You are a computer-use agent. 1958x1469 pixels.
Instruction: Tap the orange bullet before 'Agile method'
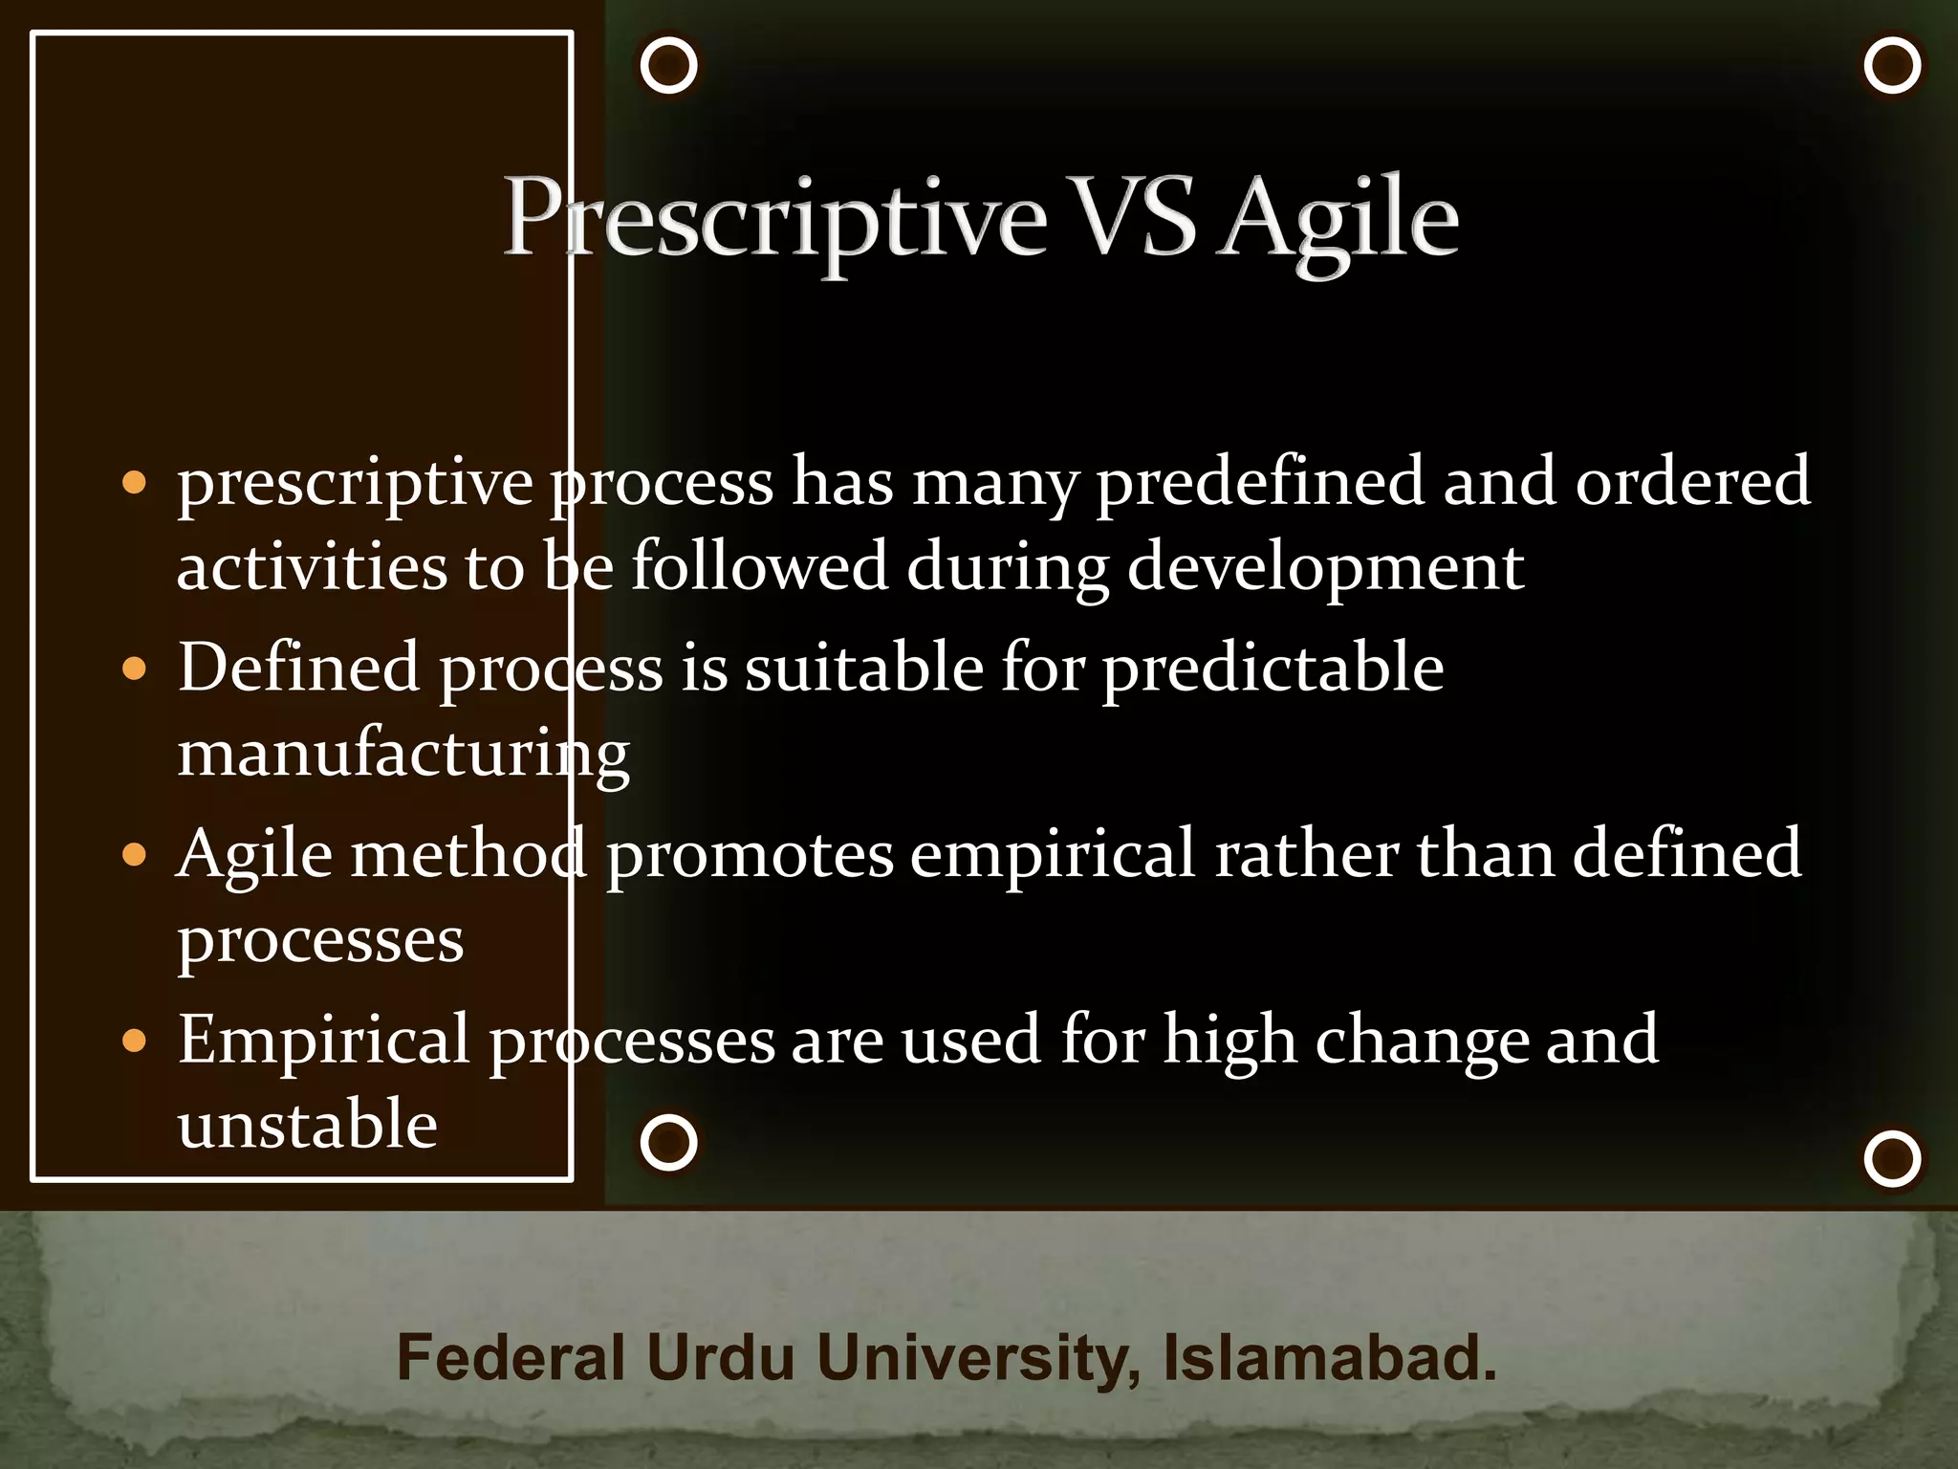click(x=135, y=853)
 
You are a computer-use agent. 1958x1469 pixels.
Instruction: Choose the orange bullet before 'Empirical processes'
click(x=135, y=1040)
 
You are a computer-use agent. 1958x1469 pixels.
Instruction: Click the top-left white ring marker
click(x=668, y=65)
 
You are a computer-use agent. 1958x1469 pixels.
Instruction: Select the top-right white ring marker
click(x=1892, y=65)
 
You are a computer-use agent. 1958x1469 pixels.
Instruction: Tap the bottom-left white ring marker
click(x=668, y=1142)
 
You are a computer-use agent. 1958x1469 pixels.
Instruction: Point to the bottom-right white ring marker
click(x=1892, y=1158)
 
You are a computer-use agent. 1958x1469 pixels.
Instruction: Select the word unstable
click(x=308, y=1124)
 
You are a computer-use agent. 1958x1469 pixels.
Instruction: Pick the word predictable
click(x=1273, y=667)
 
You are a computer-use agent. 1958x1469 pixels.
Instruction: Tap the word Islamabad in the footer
click(x=1329, y=1357)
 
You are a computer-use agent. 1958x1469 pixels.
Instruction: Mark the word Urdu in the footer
click(x=720, y=1357)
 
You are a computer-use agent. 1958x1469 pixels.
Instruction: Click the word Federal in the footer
click(x=511, y=1357)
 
